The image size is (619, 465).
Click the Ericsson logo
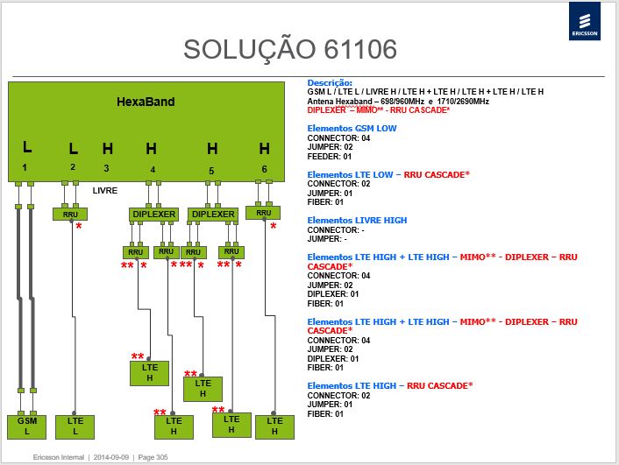pos(585,21)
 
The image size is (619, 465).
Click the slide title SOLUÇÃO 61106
pos(290,50)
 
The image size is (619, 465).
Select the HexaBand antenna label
pos(146,102)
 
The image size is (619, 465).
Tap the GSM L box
pos(27,426)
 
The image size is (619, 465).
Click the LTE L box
pos(75,426)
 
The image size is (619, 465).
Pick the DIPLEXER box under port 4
pos(153,215)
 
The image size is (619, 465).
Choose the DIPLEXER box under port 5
pos(213,215)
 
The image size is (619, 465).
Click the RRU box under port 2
pos(70,215)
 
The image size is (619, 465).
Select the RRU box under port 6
pos(263,213)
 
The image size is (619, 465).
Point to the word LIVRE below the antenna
pos(105,191)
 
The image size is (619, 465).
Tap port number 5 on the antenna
pos(211,171)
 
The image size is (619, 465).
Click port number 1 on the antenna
pos(25,167)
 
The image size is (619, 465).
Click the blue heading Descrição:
pos(330,83)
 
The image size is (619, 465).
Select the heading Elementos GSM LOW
pos(352,128)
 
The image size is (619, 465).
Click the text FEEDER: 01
pos(330,157)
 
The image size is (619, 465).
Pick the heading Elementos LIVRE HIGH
pos(357,220)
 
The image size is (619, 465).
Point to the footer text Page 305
pos(153,457)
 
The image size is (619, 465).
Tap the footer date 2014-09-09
pos(111,457)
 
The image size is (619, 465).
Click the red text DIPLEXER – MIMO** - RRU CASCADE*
pos(379,110)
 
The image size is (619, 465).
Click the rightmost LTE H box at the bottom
pos(274,426)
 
